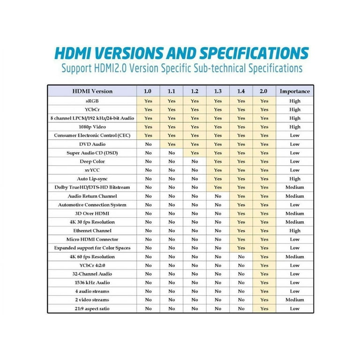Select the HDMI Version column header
point(92,91)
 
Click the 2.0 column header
point(264,91)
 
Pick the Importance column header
point(294,91)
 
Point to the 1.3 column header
point(218,91)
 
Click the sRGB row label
point(92,101)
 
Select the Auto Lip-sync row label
point(92,179)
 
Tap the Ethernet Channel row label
point(92,231)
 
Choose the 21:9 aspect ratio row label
point(92,308)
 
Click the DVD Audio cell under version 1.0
point(148,144)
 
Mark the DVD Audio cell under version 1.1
point(172,144)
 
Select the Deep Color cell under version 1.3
point(218,161)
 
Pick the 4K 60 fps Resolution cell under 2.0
point(264,256)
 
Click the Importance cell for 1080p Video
point(294,127)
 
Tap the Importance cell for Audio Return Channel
point(294,196)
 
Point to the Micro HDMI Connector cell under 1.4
point(241,239)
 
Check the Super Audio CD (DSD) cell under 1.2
point(195,153)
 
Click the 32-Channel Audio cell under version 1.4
point(241,274)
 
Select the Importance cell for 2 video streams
point(294,300)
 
